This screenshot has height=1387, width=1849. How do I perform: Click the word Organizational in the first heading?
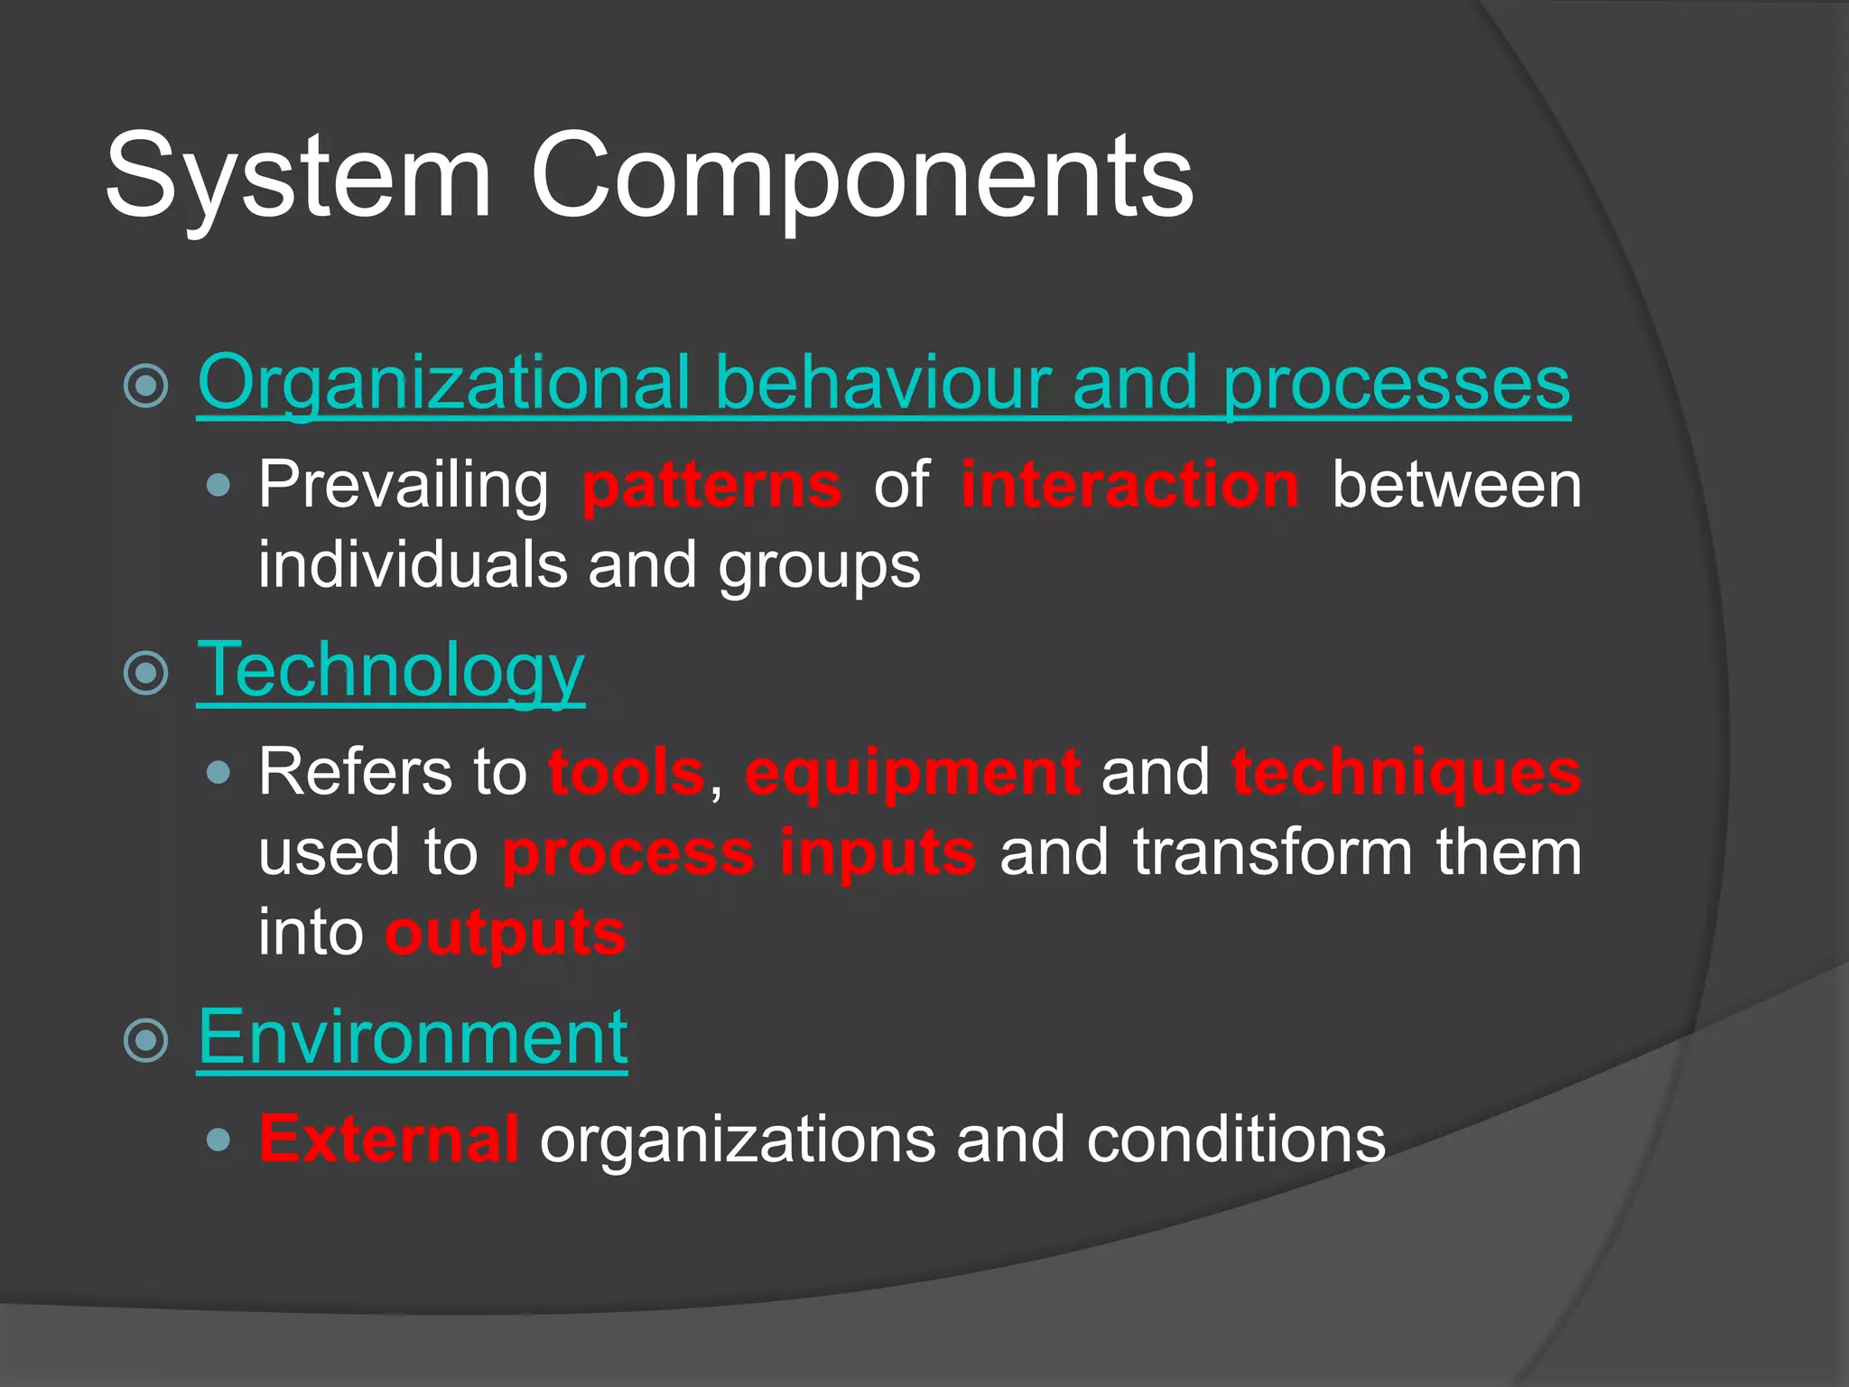tap(443, 383)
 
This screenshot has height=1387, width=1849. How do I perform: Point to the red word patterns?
tap(712, 486)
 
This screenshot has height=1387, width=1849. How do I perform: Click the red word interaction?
tap(1129, 485)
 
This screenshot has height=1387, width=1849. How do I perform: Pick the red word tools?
tap(627, 773)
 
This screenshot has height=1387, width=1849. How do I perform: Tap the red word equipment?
tap(913, 773)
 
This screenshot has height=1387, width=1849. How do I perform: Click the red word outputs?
tap(506, 933)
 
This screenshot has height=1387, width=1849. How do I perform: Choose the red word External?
tap(389, 1139)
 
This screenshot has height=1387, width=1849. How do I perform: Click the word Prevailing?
tap(404, 486)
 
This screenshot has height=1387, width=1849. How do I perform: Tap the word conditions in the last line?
tap(1236, 1140)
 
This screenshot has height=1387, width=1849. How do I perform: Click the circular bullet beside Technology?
tap(146, 673)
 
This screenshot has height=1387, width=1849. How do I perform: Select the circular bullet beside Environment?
tap(146, 1040)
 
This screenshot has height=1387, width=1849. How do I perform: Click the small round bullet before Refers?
tap(218, 773)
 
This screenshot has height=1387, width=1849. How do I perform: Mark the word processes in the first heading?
tap(1396, 383)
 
